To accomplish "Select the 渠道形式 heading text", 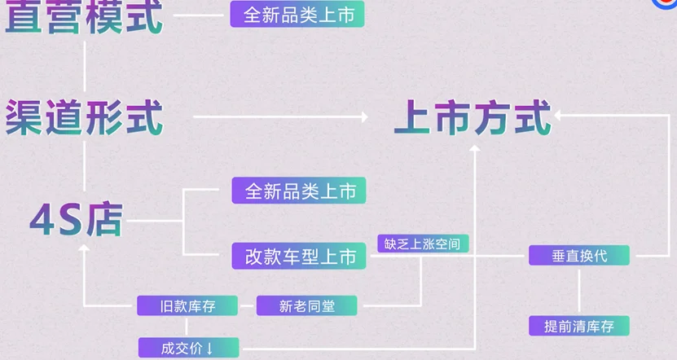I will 84,118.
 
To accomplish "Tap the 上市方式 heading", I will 473,117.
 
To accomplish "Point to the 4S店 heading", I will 76,219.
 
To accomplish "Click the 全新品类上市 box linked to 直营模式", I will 297,15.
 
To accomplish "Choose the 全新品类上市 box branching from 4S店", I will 299,191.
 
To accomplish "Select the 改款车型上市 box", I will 299,257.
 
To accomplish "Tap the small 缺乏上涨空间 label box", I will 423,243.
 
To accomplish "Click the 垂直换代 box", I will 579,256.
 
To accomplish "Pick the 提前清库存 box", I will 579,327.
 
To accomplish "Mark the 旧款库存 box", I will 187,306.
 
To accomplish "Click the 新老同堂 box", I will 306,306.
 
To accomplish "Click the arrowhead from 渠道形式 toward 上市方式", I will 364,117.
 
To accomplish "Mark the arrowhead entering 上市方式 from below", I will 474,152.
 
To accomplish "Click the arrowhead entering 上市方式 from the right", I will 560,117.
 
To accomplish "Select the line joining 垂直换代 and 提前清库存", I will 579,291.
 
